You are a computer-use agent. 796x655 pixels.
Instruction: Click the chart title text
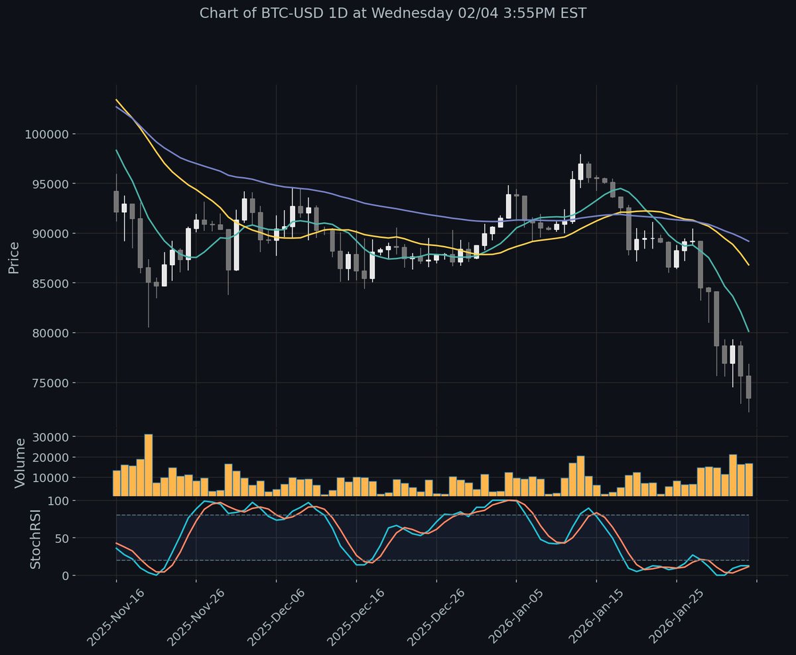coord(393,13)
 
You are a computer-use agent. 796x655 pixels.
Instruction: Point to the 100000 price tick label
coord(50,134)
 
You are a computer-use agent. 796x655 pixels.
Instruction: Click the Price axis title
coord(13,258)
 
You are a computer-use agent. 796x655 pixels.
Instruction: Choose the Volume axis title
coord(20,463)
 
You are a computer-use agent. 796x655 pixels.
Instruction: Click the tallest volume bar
coord(149,464)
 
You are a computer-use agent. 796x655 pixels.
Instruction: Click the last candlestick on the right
coord(748,387)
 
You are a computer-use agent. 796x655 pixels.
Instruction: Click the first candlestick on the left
coord(116,202)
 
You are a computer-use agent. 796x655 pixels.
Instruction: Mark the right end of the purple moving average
coord(748,241)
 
